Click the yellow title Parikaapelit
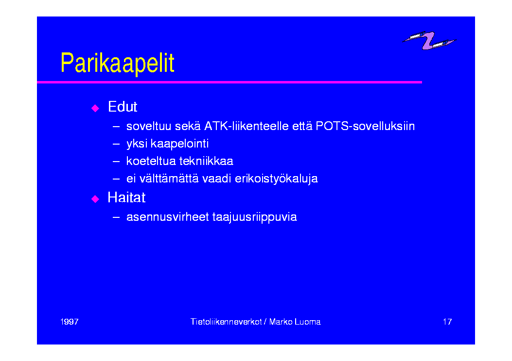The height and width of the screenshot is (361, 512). pyautogui.click(x=118, y=63)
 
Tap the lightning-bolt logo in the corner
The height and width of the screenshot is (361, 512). pyautogui.click(x=429, y=40)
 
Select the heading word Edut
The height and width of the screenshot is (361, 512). pyautogui.click(x=123, y=107)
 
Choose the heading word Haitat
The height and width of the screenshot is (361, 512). pyautogui.click(x=126, y=197)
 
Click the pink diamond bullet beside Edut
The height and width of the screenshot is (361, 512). pyautogui.click(x=95, y=108)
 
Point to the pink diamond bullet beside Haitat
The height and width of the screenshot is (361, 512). pyautogui.click(x=95, y=199)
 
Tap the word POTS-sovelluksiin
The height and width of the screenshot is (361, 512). pyautogui.click(x=365, y=126)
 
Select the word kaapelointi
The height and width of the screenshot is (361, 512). pyautogui.click(x=179, y=144)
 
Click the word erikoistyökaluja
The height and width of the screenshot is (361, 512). pyautogui.click(x=276, y=179)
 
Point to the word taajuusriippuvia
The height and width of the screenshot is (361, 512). pyautogui.click(x=255, y=217)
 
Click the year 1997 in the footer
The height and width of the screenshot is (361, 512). pyautogui.click(x=70, y=322)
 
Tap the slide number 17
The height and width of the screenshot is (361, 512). pyautogui.click(x=447, y=322)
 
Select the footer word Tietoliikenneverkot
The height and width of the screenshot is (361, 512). pyautogui.click(x=226, y=322)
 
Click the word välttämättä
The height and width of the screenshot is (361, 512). pyautogui.click(x=169, y=179)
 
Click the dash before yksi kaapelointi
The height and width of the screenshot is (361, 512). pyautogui.click(x=116, y=144)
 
